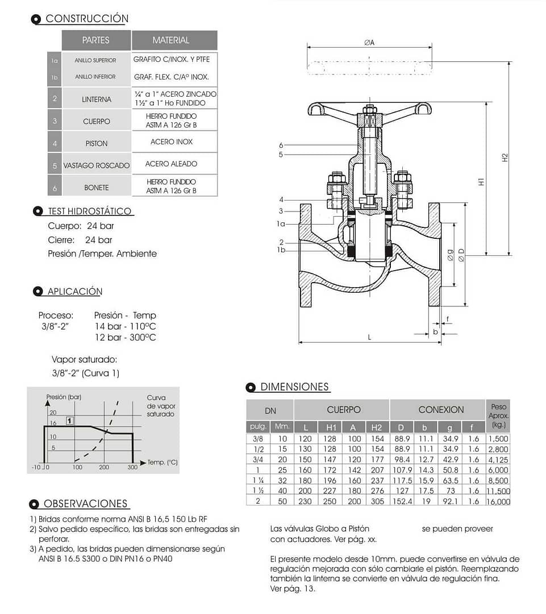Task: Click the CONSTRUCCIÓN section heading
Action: pos(86,19)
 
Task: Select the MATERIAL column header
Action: pos(170,40)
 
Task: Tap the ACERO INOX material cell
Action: pos(172,142)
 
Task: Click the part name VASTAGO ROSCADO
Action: pos(96,165)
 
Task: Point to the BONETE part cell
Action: pos(96,187)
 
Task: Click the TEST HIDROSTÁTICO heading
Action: pos(90,211)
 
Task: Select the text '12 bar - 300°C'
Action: pos(125,338)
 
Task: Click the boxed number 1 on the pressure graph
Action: pos(69,421)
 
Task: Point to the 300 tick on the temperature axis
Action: pos(132,467)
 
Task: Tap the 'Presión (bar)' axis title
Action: pos(64,397)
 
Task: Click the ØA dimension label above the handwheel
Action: pos(369,42)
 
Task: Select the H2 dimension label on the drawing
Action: pos(505,159)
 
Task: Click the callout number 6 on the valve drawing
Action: pos(281,146)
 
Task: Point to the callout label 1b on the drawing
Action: pos(281,250)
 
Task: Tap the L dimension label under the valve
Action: pos(369,337)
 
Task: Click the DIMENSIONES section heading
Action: pos(294,387)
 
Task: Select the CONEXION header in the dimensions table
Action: pos(441,409)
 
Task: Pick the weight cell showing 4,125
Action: pos(498,459)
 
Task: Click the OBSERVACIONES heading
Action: pos(85,504)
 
